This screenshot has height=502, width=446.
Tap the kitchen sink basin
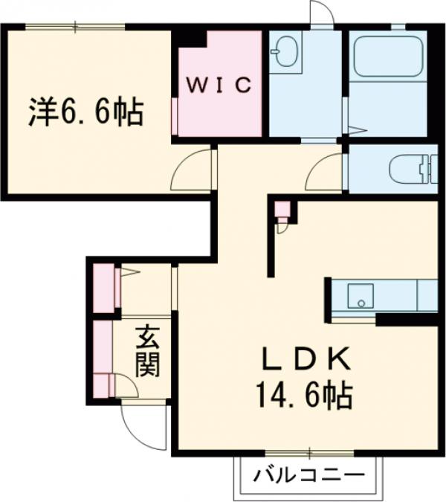[x=361, y=295]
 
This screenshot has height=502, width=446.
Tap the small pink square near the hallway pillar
[x=281, y=209]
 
